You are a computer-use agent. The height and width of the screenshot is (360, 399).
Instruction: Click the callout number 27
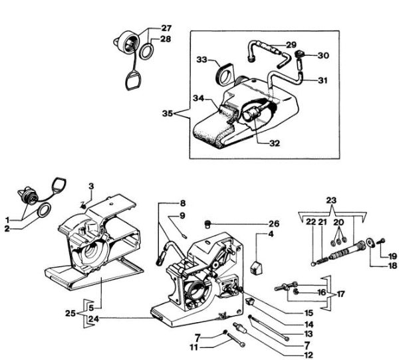[166, 28]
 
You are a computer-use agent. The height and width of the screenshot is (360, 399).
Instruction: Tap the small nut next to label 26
[207, 223]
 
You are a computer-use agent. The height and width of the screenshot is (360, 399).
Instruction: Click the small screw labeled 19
[380, 240]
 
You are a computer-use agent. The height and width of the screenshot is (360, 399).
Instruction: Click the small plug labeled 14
[251, 302]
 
